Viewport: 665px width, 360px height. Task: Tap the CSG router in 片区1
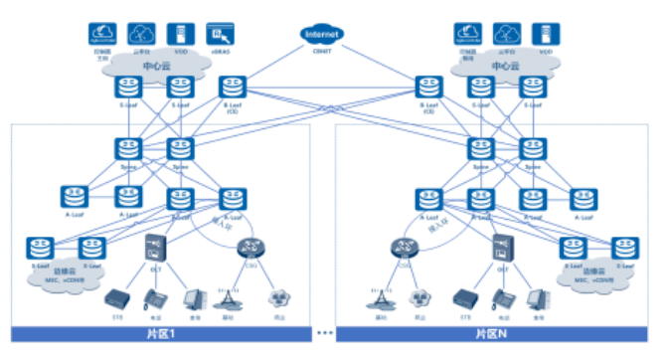(x=250, y=248)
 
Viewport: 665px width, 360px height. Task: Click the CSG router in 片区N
(x=405, y=248)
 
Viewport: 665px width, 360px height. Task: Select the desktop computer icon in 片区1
(x=194, y=297)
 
